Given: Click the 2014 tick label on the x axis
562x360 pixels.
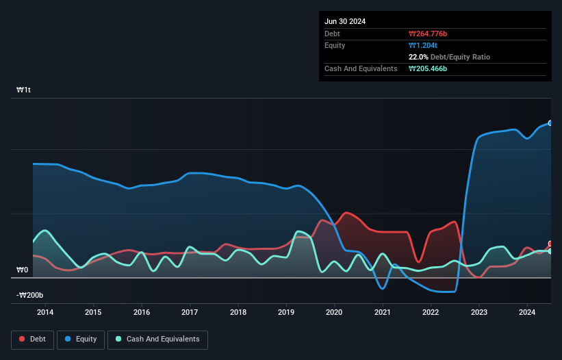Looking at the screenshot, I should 45,313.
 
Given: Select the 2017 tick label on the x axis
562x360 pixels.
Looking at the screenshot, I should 190,313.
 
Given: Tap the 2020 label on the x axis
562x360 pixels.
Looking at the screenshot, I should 335,313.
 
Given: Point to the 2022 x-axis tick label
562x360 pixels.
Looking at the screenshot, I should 431,313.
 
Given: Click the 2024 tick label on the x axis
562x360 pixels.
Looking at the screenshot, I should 528,313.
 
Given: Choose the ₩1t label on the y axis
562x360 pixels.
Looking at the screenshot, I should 23,90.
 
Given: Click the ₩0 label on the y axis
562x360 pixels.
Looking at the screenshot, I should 23,270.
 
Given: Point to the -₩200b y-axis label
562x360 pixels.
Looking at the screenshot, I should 29,295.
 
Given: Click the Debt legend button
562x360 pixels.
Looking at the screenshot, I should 32,339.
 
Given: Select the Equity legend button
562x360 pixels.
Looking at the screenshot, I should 81,339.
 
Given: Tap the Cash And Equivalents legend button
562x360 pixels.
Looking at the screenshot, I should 157,339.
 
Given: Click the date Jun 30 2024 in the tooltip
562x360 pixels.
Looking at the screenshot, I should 345,21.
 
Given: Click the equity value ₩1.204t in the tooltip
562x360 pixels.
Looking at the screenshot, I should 423,45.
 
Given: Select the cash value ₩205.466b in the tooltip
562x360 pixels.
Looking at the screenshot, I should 432,68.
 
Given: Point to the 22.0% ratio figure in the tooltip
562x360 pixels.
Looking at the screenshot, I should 418,57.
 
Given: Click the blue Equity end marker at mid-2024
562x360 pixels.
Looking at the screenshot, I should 550,123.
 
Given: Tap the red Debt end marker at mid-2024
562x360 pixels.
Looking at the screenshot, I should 550,244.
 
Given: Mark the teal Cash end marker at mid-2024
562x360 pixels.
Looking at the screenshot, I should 550,251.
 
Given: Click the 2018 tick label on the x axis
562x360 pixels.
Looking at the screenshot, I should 238,313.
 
